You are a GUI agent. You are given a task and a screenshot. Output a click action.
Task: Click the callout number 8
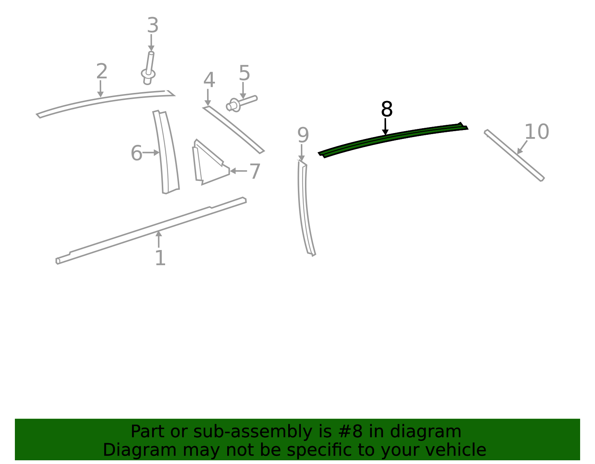coord(387,109)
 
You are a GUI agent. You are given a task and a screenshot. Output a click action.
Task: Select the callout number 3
coord(153,25)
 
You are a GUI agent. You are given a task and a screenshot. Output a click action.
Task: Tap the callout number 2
coord(102,71)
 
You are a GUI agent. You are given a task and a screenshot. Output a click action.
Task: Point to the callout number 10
coord(537,132)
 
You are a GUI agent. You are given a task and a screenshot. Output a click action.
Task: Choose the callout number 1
coord(160,257)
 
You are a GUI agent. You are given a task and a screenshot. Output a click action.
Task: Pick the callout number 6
coord(136,153)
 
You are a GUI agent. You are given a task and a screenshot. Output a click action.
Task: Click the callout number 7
coord(255,171)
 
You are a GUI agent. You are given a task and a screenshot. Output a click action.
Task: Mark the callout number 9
coord(303,135)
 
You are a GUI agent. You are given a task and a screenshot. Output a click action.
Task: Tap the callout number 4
coord(209,80)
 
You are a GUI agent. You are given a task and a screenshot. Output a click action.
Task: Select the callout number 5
coord(244,73)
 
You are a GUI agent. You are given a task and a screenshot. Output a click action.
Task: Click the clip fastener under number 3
coord(148,68)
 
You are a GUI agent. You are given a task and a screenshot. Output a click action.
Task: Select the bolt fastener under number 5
coord(241,103)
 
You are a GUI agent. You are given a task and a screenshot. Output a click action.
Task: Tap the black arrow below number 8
coord(385,127)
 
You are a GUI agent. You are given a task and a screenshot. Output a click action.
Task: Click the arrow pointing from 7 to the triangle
coord(238,171)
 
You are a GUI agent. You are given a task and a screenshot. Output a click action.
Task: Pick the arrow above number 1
coord(159,239)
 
